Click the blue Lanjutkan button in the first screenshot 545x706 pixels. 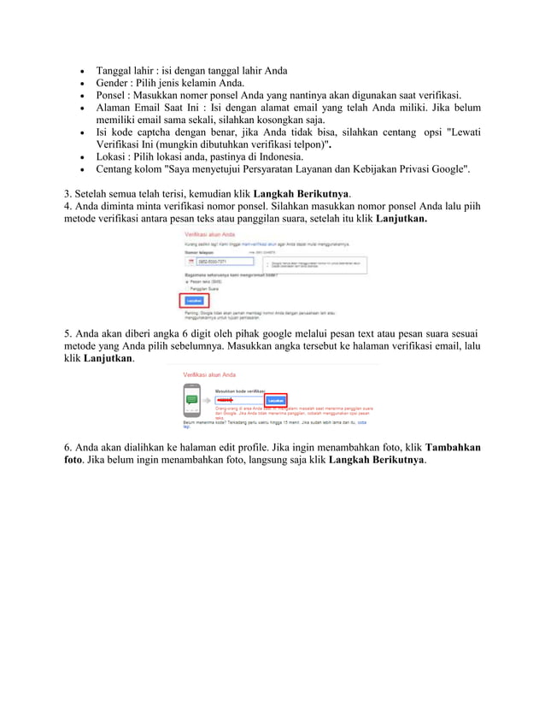tap(193, 301)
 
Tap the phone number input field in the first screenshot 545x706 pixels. tap(226, 262)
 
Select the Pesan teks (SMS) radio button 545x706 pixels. tap(186, 281)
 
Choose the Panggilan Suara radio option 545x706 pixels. tap(186, 289)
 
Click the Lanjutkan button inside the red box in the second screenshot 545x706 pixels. tap(276, 399)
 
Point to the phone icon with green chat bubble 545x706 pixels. tap(192, 399)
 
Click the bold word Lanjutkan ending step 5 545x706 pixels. tap(108, 359)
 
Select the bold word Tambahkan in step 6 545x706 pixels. tap(452, 447)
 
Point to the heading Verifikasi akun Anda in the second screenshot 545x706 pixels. tap(203, 374)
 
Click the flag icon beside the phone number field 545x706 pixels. tap(191, 262)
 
